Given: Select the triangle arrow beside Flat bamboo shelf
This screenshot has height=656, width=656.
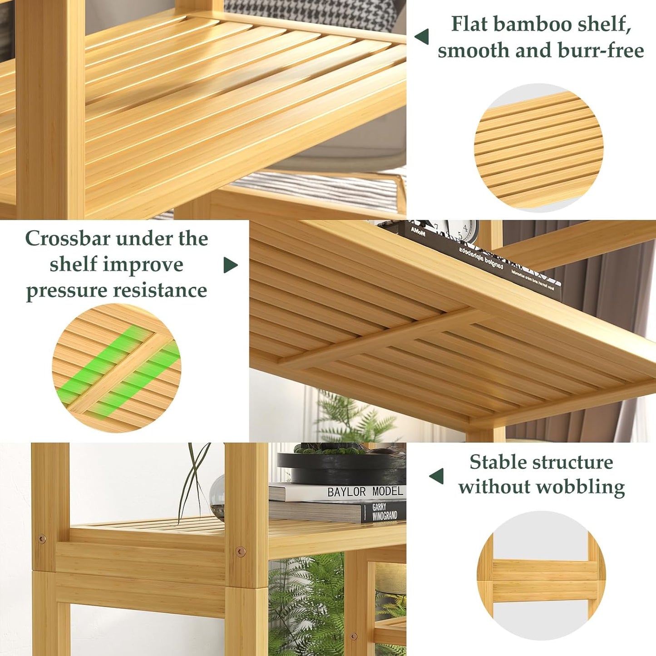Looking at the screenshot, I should (422, 37).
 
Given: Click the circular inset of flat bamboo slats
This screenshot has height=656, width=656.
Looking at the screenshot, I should (539, 148).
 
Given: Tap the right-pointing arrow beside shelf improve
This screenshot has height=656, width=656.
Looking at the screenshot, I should (230, 265).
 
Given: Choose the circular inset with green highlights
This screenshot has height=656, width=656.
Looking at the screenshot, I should (117, 368).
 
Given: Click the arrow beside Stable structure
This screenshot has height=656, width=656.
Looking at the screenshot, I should (436, 476).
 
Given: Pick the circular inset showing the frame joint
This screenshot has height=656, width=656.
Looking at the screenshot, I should (541, 575).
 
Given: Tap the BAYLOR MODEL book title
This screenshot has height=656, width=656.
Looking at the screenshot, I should (365, 492).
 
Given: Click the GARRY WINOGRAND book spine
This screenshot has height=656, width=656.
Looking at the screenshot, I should (384, 512).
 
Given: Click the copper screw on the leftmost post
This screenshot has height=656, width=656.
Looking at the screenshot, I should (42, 539).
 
